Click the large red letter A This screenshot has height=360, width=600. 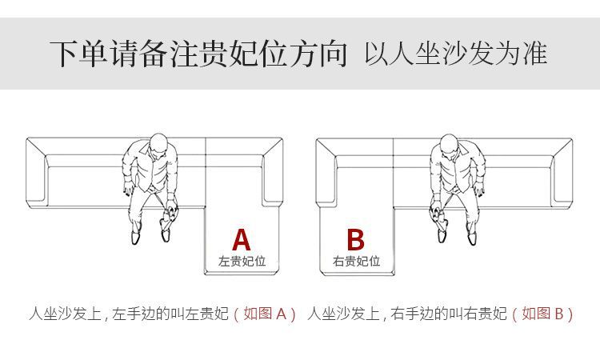[x=242, y=239]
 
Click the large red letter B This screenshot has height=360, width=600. [x=356, y=239]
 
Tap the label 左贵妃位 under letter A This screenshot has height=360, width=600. [x=242, y=262]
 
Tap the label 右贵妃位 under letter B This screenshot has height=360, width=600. [x=356, y=262]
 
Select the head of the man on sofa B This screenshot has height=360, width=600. [x=449, y=146]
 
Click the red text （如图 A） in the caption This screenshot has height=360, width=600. [x=265, y=314]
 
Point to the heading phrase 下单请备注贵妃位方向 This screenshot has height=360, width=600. [x=198, y=53]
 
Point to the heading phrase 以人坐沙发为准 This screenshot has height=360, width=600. [x=456, y=54]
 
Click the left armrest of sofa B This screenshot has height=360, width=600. [x=326, y=172]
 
